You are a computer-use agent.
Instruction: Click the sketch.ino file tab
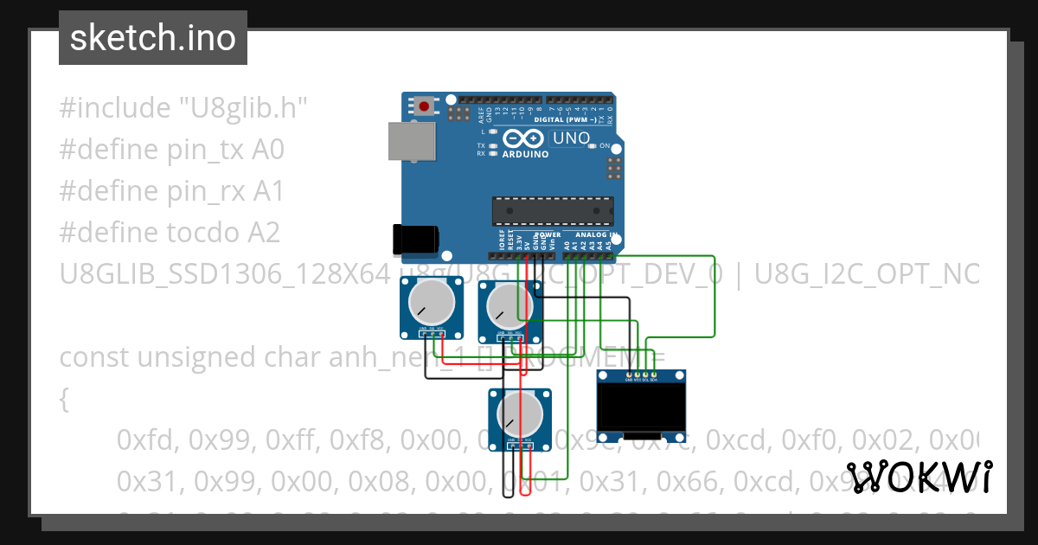(x=152, y=38)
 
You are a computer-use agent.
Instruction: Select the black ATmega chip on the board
(x=553, y=211)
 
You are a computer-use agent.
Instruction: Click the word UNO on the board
(x=572, y=138)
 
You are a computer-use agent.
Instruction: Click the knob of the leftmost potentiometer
(x=426, y=304)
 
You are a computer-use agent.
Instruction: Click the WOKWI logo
(x=919, y=477)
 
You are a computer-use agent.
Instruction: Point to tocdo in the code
(x=205, y=233)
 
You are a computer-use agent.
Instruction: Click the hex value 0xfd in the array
(x=145, y=440)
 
